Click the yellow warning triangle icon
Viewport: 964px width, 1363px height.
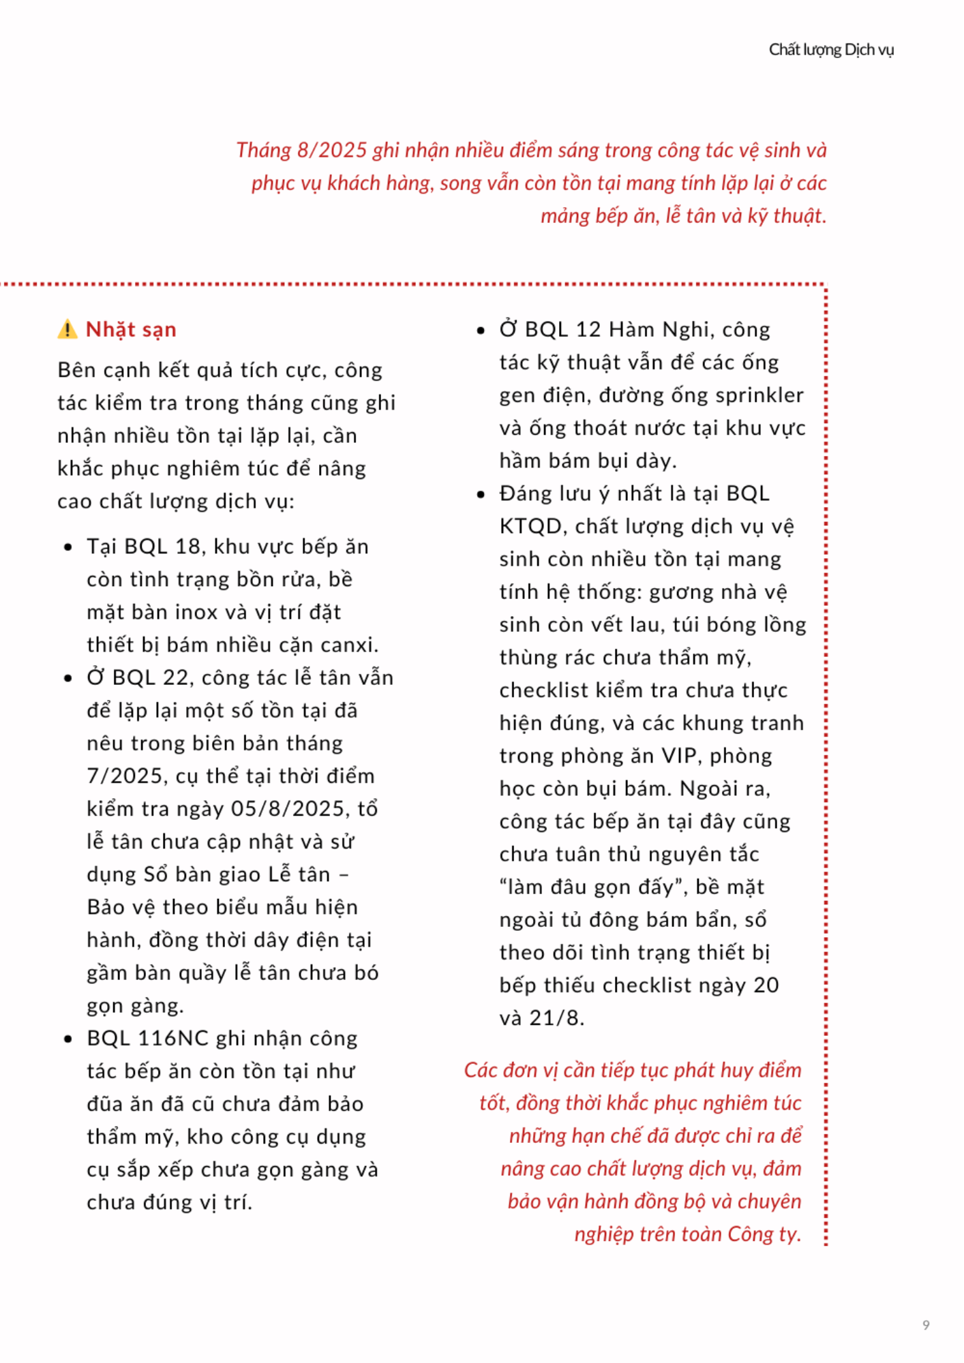click(67, 330)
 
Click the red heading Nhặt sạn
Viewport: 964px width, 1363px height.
click(131, 330)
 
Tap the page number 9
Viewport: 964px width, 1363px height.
click(926, 1325)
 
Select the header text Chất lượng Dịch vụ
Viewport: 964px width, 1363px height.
click(831, 50)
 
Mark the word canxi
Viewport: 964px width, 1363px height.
click(348, 645)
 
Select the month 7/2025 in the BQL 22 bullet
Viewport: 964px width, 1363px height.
click(126, 776)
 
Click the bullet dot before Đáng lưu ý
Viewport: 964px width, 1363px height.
click(481, 494)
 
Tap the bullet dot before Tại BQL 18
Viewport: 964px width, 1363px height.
click(68, 547)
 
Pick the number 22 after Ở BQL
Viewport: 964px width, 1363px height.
click(176, 678)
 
